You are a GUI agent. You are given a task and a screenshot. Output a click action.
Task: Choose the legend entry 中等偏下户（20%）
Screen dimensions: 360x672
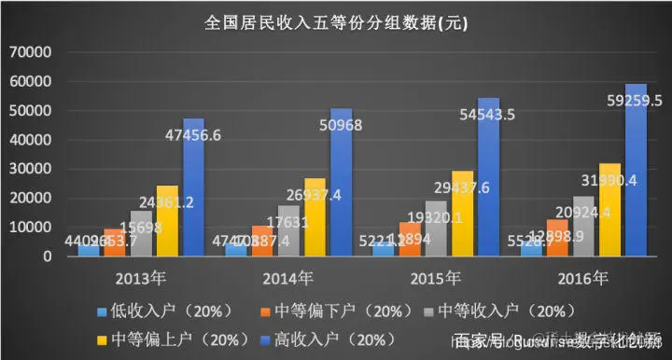pyautogui.click(x=328, y=310)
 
